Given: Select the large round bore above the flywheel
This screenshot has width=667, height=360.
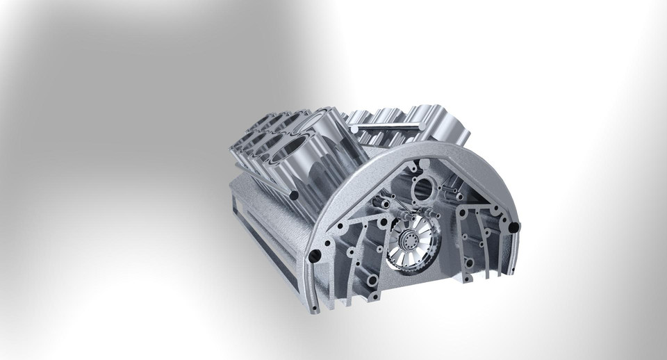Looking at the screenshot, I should tap(422, 188).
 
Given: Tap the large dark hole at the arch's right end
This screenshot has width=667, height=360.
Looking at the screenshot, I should tap(513, 227).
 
